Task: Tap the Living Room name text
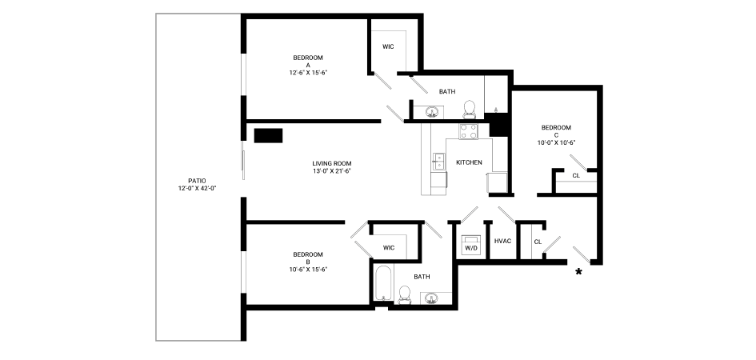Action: point(331,163)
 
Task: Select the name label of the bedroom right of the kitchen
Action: point(558,127)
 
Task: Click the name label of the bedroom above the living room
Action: point(309,58)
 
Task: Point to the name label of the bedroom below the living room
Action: point(308,255)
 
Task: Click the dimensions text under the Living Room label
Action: point(331,171)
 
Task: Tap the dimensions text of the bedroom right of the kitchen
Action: point(558,142)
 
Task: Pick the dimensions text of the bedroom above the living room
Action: point(309,72)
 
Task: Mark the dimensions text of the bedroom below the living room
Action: point(308,269)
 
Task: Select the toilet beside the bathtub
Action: point(405,294)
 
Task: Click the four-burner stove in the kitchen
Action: point(470,130)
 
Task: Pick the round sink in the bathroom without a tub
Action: point(432,111)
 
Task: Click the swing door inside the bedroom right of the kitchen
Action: point(577,162)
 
